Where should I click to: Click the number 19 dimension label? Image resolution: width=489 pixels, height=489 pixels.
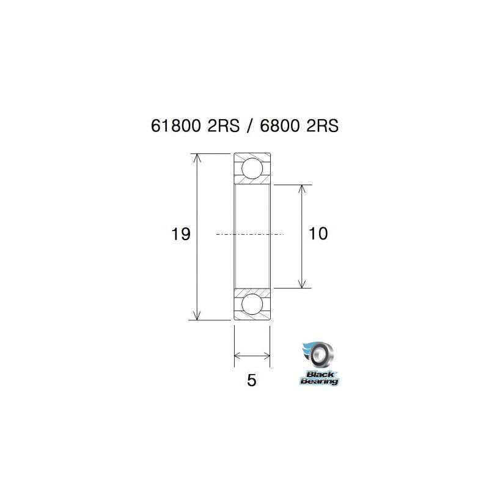point(182,233)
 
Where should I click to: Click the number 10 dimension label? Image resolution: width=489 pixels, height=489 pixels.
point(318,233)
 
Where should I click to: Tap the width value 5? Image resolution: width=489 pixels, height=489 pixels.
point(251,380)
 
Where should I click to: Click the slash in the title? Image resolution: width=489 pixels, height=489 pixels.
point(248,125)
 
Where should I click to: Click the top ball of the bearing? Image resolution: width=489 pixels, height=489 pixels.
point(252,168)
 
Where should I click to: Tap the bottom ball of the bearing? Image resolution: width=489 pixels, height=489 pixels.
point(252,304)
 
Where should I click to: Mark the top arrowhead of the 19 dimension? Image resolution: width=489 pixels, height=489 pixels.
point(196,158)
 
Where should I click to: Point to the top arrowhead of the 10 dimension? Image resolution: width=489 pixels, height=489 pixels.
point(301,189)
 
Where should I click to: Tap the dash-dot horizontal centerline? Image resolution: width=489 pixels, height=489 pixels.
point(251,234)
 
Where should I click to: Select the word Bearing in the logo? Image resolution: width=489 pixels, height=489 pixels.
point(318,381)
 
